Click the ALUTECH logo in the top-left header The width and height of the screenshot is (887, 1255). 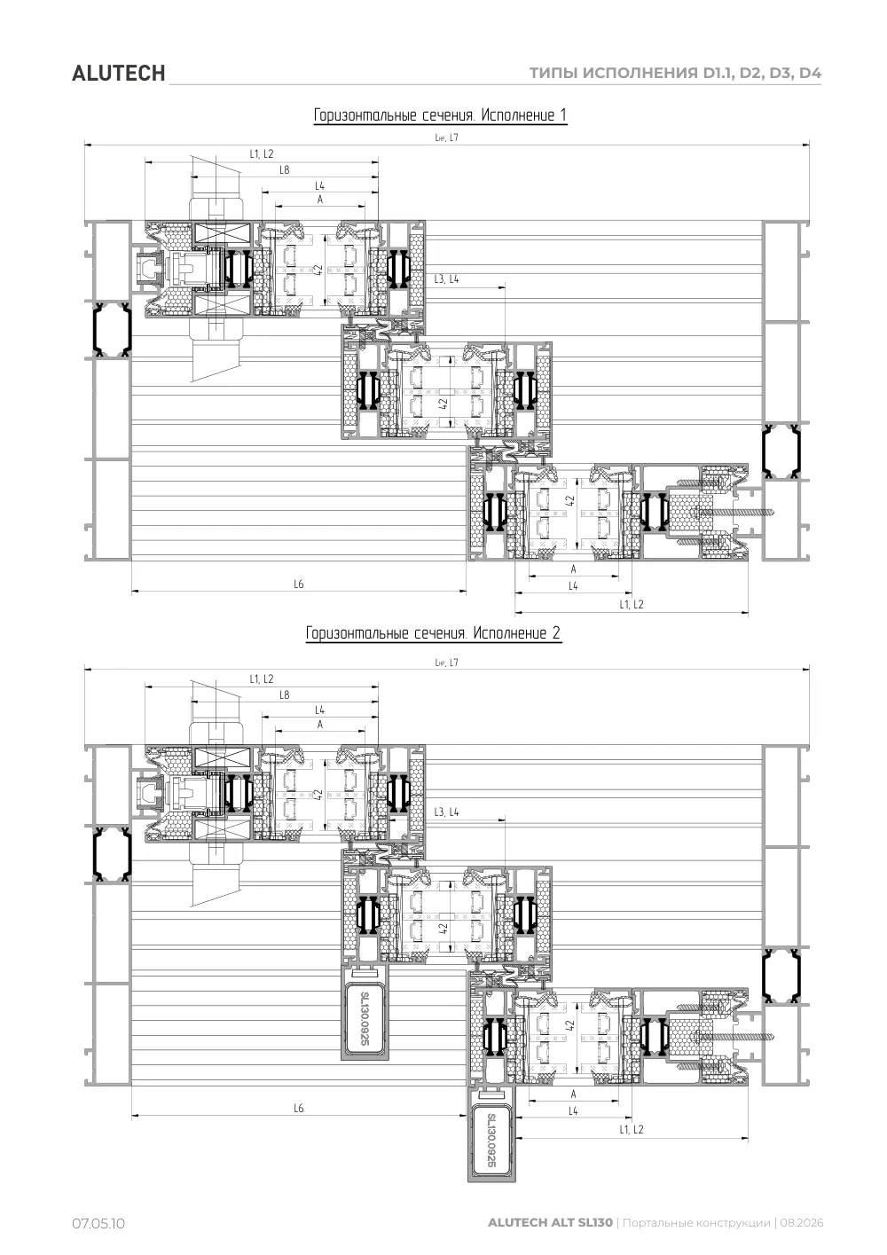118,74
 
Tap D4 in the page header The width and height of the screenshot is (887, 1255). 810,73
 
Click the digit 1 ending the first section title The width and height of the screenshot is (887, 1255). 563,115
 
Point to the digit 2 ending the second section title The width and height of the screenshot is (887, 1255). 556,633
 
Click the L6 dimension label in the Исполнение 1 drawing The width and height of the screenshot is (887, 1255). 299,584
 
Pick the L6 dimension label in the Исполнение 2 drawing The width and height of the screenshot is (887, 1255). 299,1108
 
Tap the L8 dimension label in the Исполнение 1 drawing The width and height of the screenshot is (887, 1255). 285,169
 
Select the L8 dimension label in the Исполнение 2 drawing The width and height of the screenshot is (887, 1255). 285,694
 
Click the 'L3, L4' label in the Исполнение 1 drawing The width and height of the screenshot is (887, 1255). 446,279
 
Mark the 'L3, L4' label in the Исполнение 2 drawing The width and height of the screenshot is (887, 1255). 446,812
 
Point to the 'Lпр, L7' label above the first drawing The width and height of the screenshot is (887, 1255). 446,137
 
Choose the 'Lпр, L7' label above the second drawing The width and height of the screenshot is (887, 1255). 446,663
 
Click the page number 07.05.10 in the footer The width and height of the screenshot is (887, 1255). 98,1223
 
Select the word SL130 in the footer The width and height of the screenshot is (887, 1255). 595,1222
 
